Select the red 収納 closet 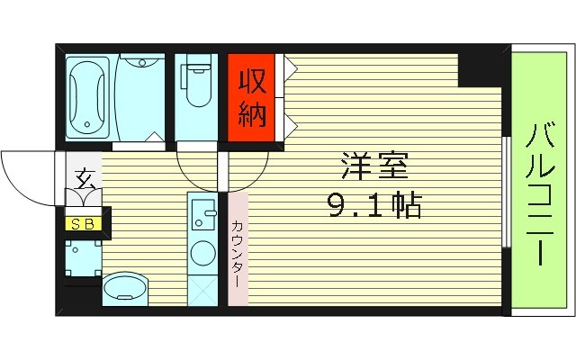tap(250, 97)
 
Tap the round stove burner tap(203, 253)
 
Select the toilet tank tap(195, 68)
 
